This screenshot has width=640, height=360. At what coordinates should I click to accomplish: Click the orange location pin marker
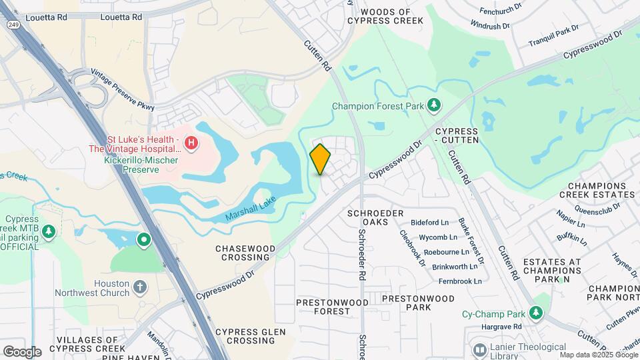pos(320,159)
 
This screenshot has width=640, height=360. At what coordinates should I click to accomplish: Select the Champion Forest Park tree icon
pos(434,105)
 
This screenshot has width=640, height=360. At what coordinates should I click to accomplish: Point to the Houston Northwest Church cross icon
pos(139,287)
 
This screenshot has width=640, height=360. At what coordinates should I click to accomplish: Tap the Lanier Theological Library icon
pos(479,349)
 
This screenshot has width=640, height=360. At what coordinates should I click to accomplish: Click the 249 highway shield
pos(13,24)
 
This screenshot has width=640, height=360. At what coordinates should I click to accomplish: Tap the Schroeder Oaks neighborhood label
pos(375,217)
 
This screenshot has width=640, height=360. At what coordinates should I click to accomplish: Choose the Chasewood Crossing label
pos(245,253)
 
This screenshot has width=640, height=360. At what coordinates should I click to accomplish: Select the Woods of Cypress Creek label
pos(391,17)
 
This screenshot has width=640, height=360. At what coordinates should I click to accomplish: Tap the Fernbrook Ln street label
pos(457,281)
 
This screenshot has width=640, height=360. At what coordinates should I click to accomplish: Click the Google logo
pos(22,351)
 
